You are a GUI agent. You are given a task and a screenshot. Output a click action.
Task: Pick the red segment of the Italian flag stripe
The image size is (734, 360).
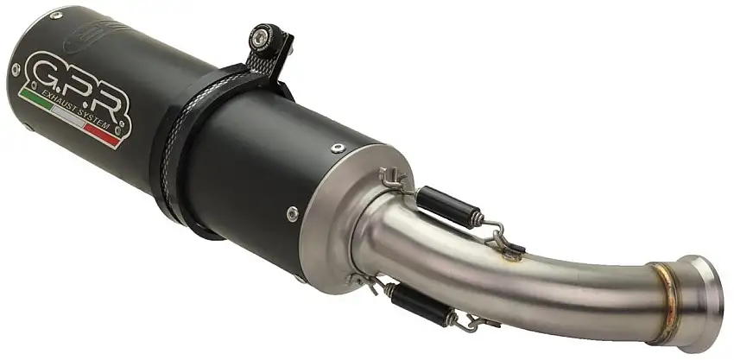(104, 137)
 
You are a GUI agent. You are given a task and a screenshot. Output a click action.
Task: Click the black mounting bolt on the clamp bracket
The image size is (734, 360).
(258, 38)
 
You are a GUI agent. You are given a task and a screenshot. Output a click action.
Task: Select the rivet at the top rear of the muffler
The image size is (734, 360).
(56, 16)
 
